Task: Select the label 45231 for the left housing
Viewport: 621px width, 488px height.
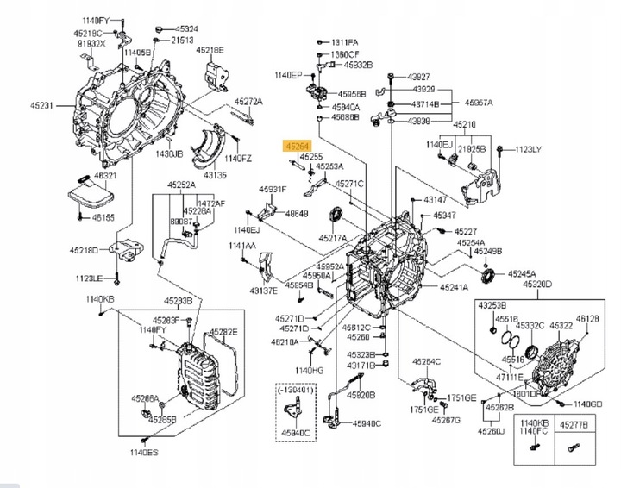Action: tap(43, 106)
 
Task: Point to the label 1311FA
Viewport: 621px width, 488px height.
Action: tap(346, 41)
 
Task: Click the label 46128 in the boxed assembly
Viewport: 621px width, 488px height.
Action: tap(588, 318)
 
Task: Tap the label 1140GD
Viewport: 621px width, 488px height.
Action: tap(586, 404)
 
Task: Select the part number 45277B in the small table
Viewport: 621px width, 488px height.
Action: tap(574, 424)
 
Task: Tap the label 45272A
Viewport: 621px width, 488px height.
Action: tap(249, 101)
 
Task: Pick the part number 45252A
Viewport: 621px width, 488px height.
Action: tap(181, 185)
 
